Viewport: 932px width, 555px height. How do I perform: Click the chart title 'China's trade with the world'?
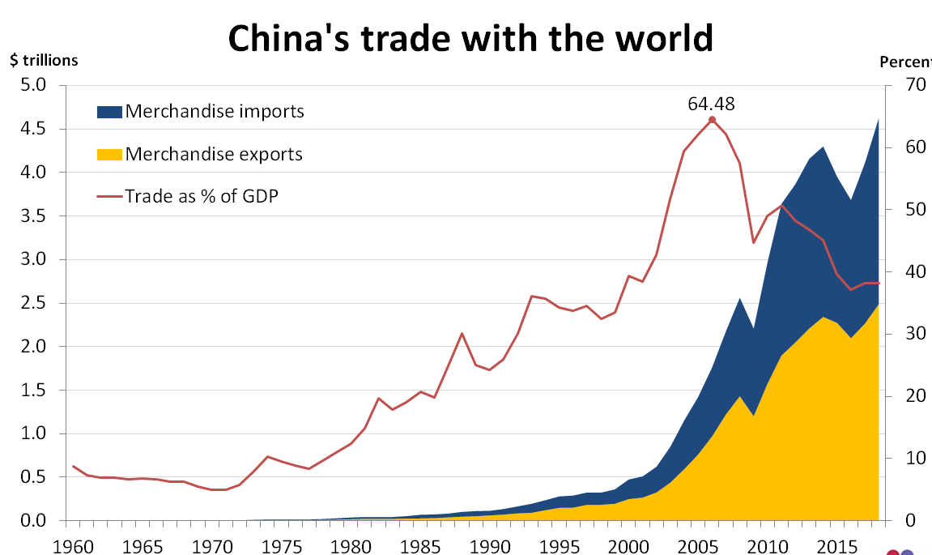pyautogui.click(x=470, y=37)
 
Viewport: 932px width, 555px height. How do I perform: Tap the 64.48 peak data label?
pyautogui.click(x=711, y=103)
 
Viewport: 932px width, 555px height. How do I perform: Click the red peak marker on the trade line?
pyautogui.click(x=712, y=120)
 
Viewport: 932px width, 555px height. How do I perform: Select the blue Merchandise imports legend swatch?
pyautogui.click(x=109, y=111)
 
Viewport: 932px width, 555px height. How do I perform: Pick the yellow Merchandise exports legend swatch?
pyautogui.click(x=109, y=154)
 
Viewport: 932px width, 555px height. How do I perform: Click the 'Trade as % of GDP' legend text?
pyautogui.click(x=202, y=195)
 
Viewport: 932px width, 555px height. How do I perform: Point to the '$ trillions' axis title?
pyautogui.click(x=44, y=60)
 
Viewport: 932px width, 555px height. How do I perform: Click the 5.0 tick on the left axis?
pyautogui.click(x=36, y=85)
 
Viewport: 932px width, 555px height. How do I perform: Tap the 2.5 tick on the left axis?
pyautogui.click(x=36, y=303)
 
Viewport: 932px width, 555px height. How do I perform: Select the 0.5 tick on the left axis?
pyautogui.click(x=36, y=477)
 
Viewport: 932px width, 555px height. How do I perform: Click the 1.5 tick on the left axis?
pyautogui.click(x=36, y=391)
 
